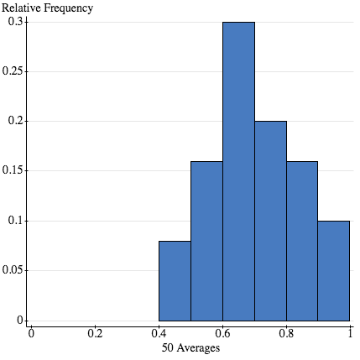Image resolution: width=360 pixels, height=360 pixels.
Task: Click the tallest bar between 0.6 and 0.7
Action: [x=238, y=171]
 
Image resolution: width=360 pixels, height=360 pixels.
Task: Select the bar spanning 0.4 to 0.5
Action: [x=175, y=280]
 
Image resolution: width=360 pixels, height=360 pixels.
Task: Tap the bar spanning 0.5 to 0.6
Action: [x=206, y=241]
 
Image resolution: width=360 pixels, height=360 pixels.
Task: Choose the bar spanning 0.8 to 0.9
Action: [x=302, y=241]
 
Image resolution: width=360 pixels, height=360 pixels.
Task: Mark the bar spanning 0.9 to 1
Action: [x=334, y=271]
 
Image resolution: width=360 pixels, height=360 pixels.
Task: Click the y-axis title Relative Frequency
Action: [x=47, y=8]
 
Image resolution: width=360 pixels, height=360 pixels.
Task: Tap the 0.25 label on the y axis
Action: [x=13, y=71]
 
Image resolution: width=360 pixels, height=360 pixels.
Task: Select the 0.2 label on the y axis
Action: [x=16, y=121]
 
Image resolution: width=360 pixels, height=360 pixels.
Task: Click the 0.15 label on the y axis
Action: [x=13, y=171]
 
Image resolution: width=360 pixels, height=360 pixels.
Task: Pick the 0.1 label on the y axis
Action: [x=16, y=221]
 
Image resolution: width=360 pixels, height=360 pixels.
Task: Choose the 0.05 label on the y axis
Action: [x=13, y=270]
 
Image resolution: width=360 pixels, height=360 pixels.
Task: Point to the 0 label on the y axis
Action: [x=20, y=320]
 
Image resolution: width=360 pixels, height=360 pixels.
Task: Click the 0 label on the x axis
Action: [x=31, y=333]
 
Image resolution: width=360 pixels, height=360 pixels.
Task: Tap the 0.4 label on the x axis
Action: [x=159, y=333]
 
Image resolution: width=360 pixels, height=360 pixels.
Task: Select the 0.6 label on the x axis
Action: [x=223, y=333]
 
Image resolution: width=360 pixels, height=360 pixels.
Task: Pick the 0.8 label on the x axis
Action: [x=287, y=333]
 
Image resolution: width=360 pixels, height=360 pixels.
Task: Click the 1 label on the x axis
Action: [x=350, y=333]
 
